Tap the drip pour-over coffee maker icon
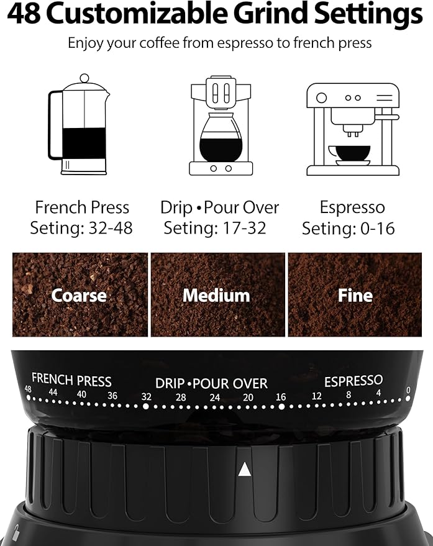(221, 126)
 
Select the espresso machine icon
(352, 129)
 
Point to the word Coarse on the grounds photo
(79, 295)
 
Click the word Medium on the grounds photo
(216, 295)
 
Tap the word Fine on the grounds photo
(355, 295)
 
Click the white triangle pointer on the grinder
(245, 469)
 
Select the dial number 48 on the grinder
(28, 389)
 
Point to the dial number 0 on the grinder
(408, 390)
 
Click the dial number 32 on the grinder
(146, 397)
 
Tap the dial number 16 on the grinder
(281, 397)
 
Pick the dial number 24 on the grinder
(214, 398)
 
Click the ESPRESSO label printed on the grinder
(353, 380)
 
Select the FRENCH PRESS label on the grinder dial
(71, 380)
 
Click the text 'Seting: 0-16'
(348, 229)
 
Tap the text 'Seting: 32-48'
(81, 228)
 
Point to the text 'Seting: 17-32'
(215, 228)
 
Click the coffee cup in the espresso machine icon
(349, 153)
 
